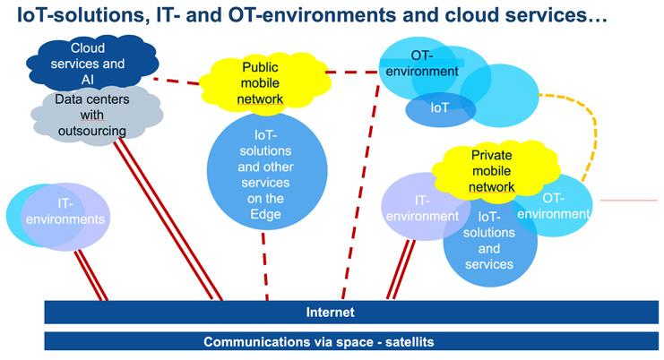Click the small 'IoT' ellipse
pos(439,108)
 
